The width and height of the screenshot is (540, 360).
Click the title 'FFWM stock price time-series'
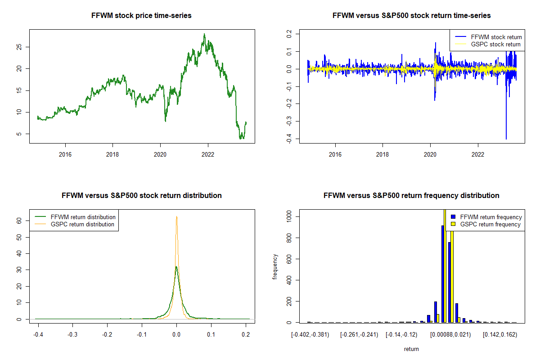click(142, 16)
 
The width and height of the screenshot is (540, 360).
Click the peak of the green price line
click(204, 34)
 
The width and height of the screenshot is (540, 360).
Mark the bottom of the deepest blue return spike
click(506, 139)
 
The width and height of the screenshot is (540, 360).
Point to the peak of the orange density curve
click(176, 216)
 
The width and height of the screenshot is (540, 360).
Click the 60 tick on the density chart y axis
click(19, 221)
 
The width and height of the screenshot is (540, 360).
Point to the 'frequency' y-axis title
click(275, 267)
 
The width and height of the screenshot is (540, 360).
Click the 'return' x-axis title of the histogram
click(411, 349)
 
